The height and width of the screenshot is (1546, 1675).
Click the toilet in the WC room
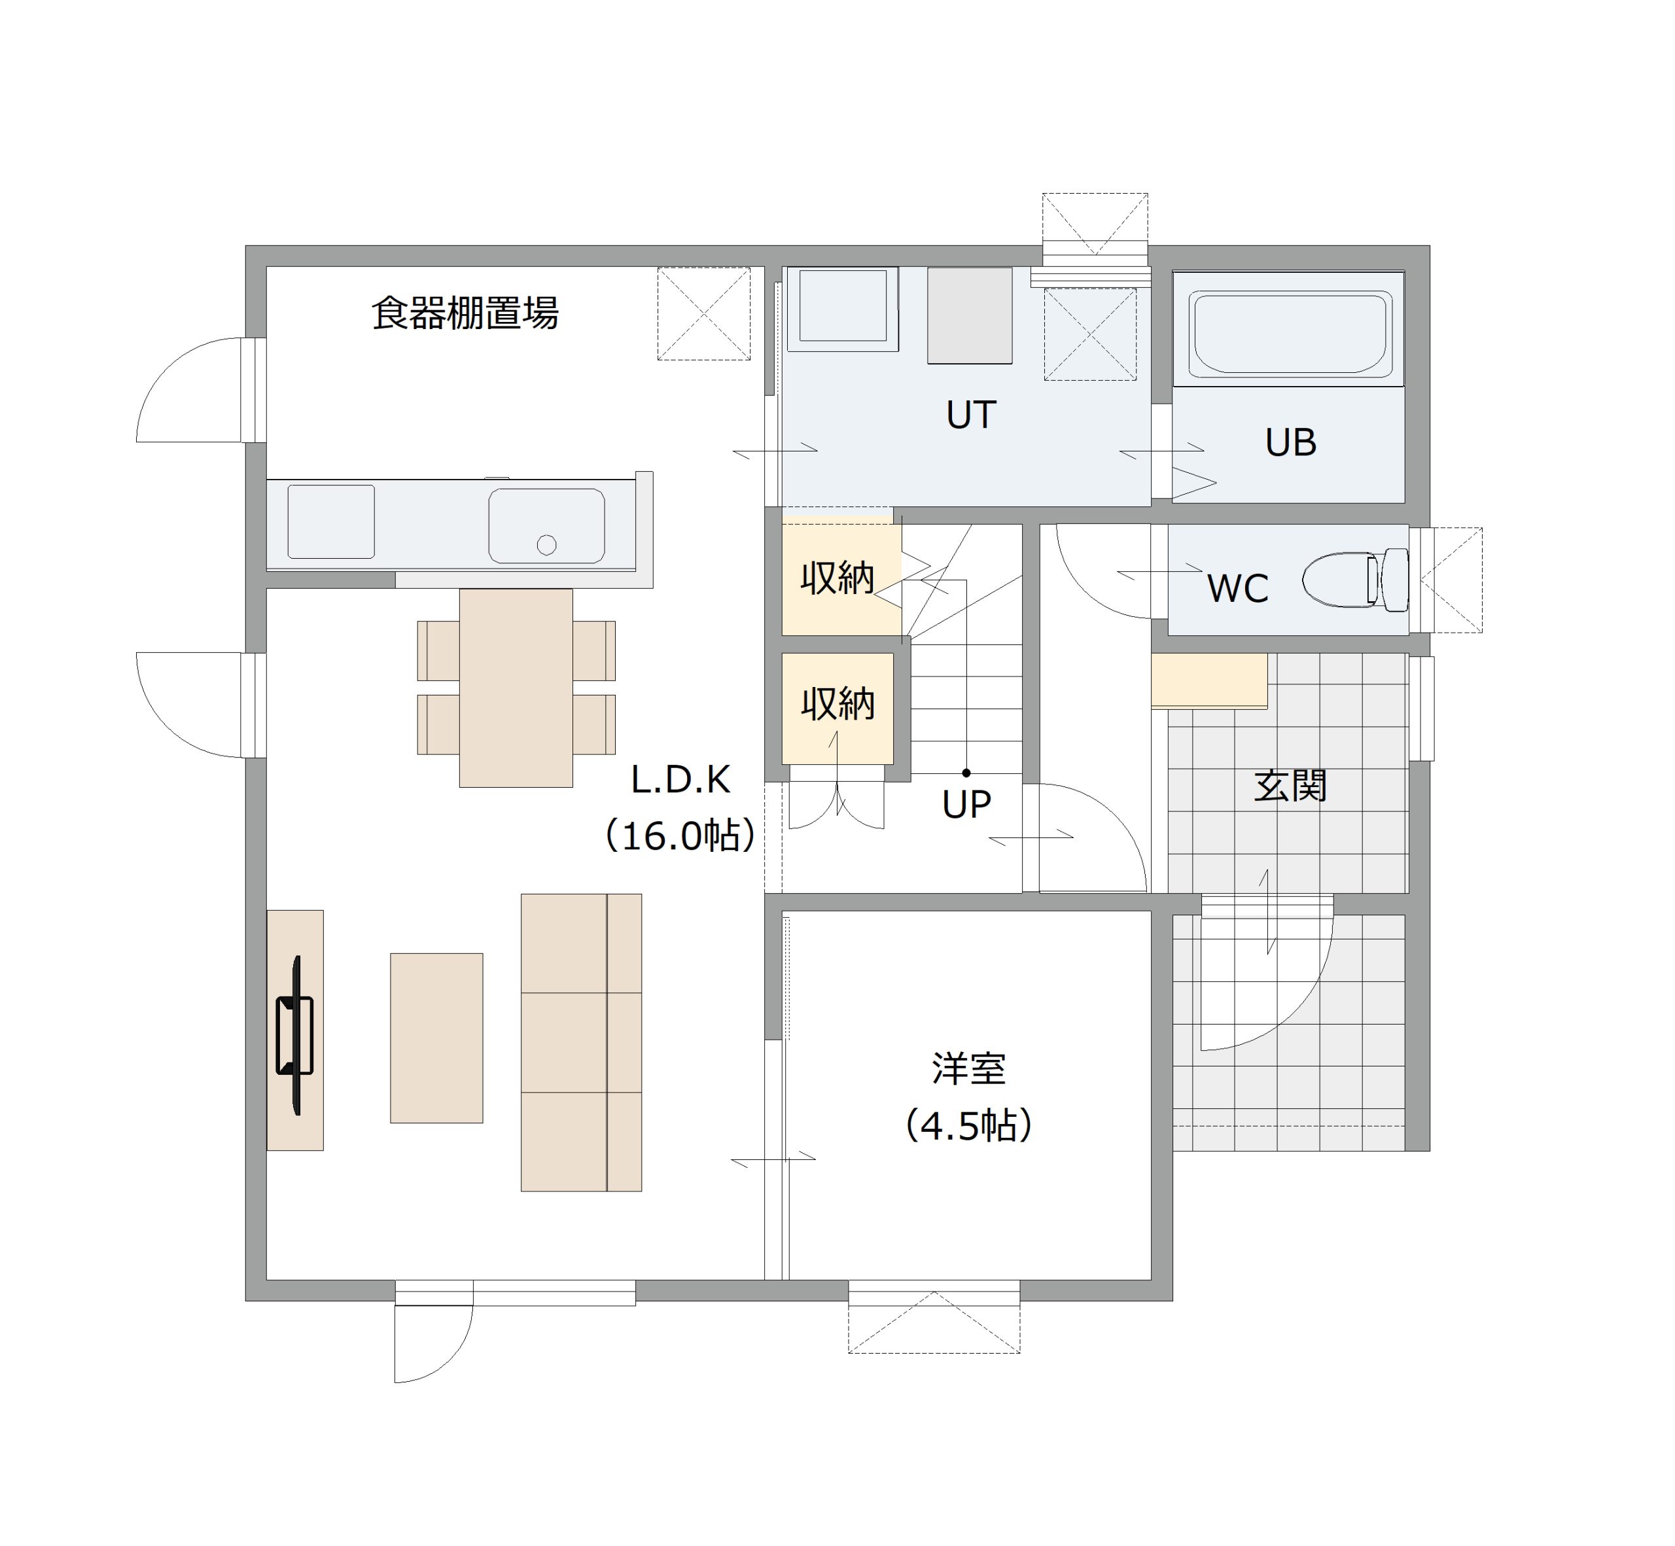tap(1356, 579)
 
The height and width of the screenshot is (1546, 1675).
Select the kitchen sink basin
tap(546, 525)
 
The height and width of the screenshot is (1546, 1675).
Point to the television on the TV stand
tap(294, 1035)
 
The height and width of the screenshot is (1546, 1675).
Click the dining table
tap(516, 688)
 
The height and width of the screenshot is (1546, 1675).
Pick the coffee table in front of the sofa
tap(436, 1038)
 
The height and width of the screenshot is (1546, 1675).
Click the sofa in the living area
tap(582, 1042)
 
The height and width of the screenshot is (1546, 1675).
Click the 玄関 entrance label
tap(1290, 786)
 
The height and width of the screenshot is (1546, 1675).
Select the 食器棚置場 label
tap(465, 313)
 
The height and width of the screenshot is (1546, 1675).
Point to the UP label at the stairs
tap(966, 804)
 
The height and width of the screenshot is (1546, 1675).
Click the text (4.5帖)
tap(969, 1126)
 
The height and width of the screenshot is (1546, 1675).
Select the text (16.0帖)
tap(680, 835)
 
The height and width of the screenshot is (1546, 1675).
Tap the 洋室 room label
tap(969, 1068)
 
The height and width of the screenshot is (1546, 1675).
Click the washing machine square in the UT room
tap(843, 308)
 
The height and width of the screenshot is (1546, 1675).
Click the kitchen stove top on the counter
tap(331, 521)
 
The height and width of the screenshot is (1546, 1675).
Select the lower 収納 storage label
tap(838, 703)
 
